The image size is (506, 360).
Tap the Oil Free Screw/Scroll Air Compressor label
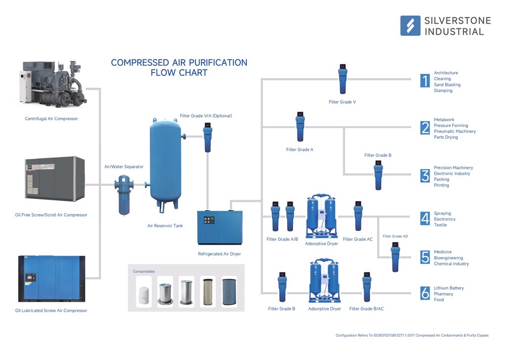pos(51,215)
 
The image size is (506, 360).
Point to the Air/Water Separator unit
pos(123,193)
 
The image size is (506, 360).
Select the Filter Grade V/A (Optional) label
pos(205,116)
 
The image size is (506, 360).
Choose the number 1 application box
pos(425,81)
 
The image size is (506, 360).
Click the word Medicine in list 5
pos(443,252)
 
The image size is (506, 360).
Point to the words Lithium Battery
pos(449,288)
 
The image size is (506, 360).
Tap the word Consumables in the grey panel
pos(144,271)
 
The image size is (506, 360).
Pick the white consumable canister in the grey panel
pos(144,293)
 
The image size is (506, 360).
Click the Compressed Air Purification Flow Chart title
pos(179,67)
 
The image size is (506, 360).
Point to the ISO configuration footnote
pos(412,335)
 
